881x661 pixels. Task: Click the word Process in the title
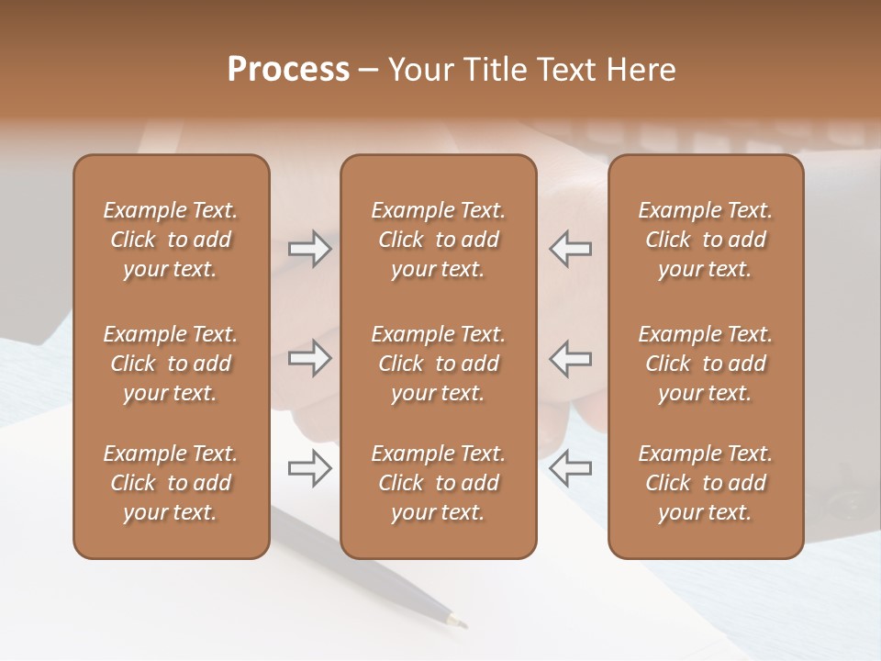[x=288, y=70]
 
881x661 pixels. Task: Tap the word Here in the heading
[x=642, y=70]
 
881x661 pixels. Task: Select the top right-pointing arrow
[x=309, y=248]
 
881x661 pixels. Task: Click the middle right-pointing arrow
[x=309, y=358]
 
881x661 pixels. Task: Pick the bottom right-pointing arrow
[x=309, y=468]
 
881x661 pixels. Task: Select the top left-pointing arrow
[x=570, y=248]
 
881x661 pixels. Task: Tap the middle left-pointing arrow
[x=570, y=358]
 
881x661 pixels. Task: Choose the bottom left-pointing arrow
[x=570, y=468]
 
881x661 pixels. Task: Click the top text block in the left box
[x=171, y=240]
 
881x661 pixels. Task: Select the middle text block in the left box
[x=171, y=364]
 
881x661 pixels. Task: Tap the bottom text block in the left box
[x=171, y=483]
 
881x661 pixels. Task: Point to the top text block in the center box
[x=438, y=240]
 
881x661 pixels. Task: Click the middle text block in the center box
[x=438, y=364]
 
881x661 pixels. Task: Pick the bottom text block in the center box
[x=438, y=483]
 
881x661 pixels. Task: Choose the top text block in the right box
[x=705, y=240]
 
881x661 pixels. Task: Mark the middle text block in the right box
[x=705, y=364]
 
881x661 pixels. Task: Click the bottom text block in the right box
[x=705, y=483]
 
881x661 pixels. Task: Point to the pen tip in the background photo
[x=457, y=622]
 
